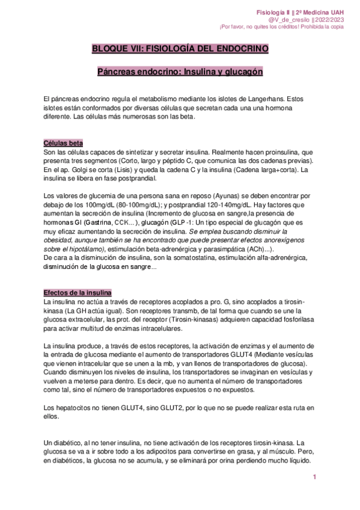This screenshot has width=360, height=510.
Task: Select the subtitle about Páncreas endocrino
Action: coord(180,72)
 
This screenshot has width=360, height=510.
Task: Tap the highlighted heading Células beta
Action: coord(63,143)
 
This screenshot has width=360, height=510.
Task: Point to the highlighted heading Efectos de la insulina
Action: coord(78,292)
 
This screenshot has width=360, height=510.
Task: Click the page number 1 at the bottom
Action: coord(314,477)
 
